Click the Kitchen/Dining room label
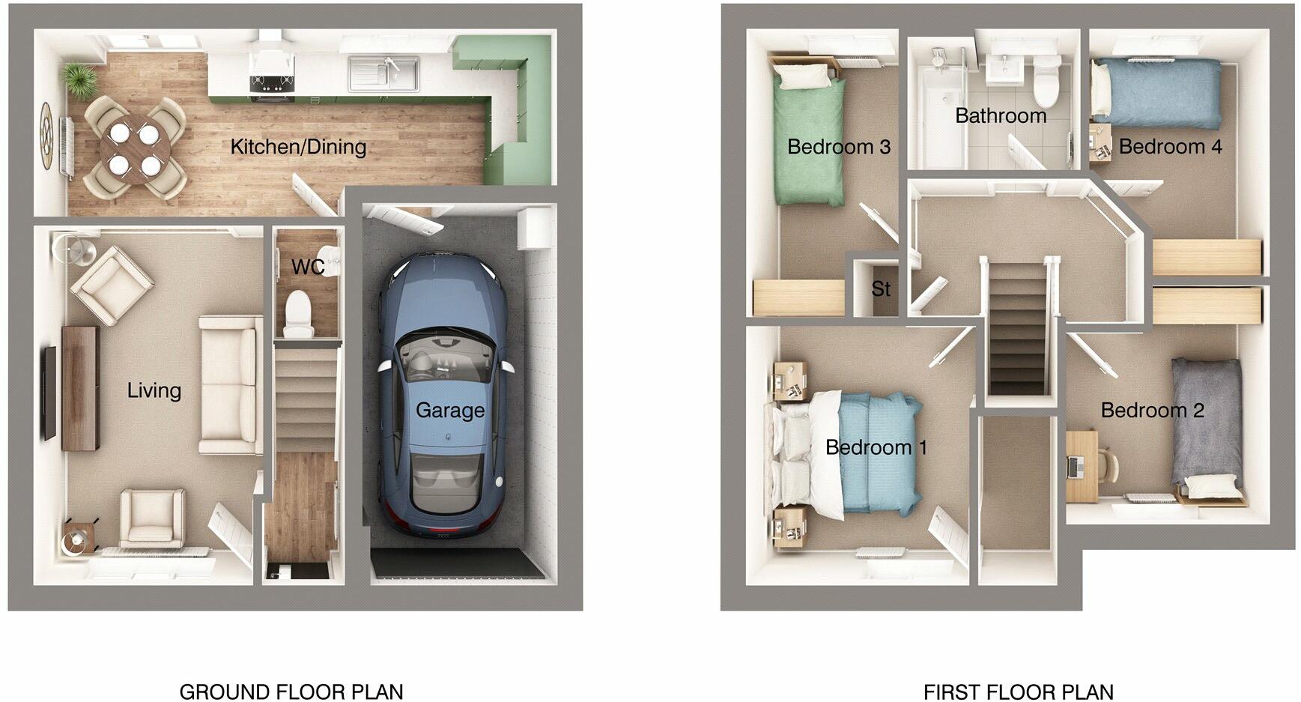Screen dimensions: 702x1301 pyautogui.click(x=298, y=147)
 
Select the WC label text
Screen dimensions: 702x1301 pyautogui.click(x=308, y=267)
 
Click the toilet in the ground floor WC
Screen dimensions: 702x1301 pyautogui.click(x=298, y=312)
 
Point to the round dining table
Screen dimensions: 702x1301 pyautogui.click(x=135, y=148)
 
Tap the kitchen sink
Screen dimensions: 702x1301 pyautogui.click(x=383, y=73)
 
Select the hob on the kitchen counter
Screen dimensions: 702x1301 pyautogui.click(x=271, y=82)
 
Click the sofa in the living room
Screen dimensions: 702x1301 pyautogui.click(x=231, y=385)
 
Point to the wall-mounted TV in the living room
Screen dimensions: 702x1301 pyautogui.click(x=49, y=393)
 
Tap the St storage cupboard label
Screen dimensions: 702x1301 pyautogui.click(x=881, y=288)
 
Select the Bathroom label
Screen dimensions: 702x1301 pyautogui.click(x=1001, y=116)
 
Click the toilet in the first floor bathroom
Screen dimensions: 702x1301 pyautogui.click(x=1046, y=81)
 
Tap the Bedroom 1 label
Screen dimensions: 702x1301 pyautogui.click(x=876, y=448)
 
